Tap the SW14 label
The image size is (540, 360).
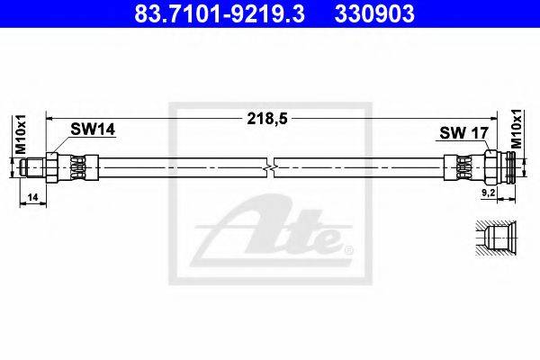(94, 131)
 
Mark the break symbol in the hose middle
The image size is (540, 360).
(271, 168)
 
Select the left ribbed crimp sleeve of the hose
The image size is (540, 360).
(78, 168)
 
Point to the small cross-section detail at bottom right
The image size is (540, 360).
(494, 242)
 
